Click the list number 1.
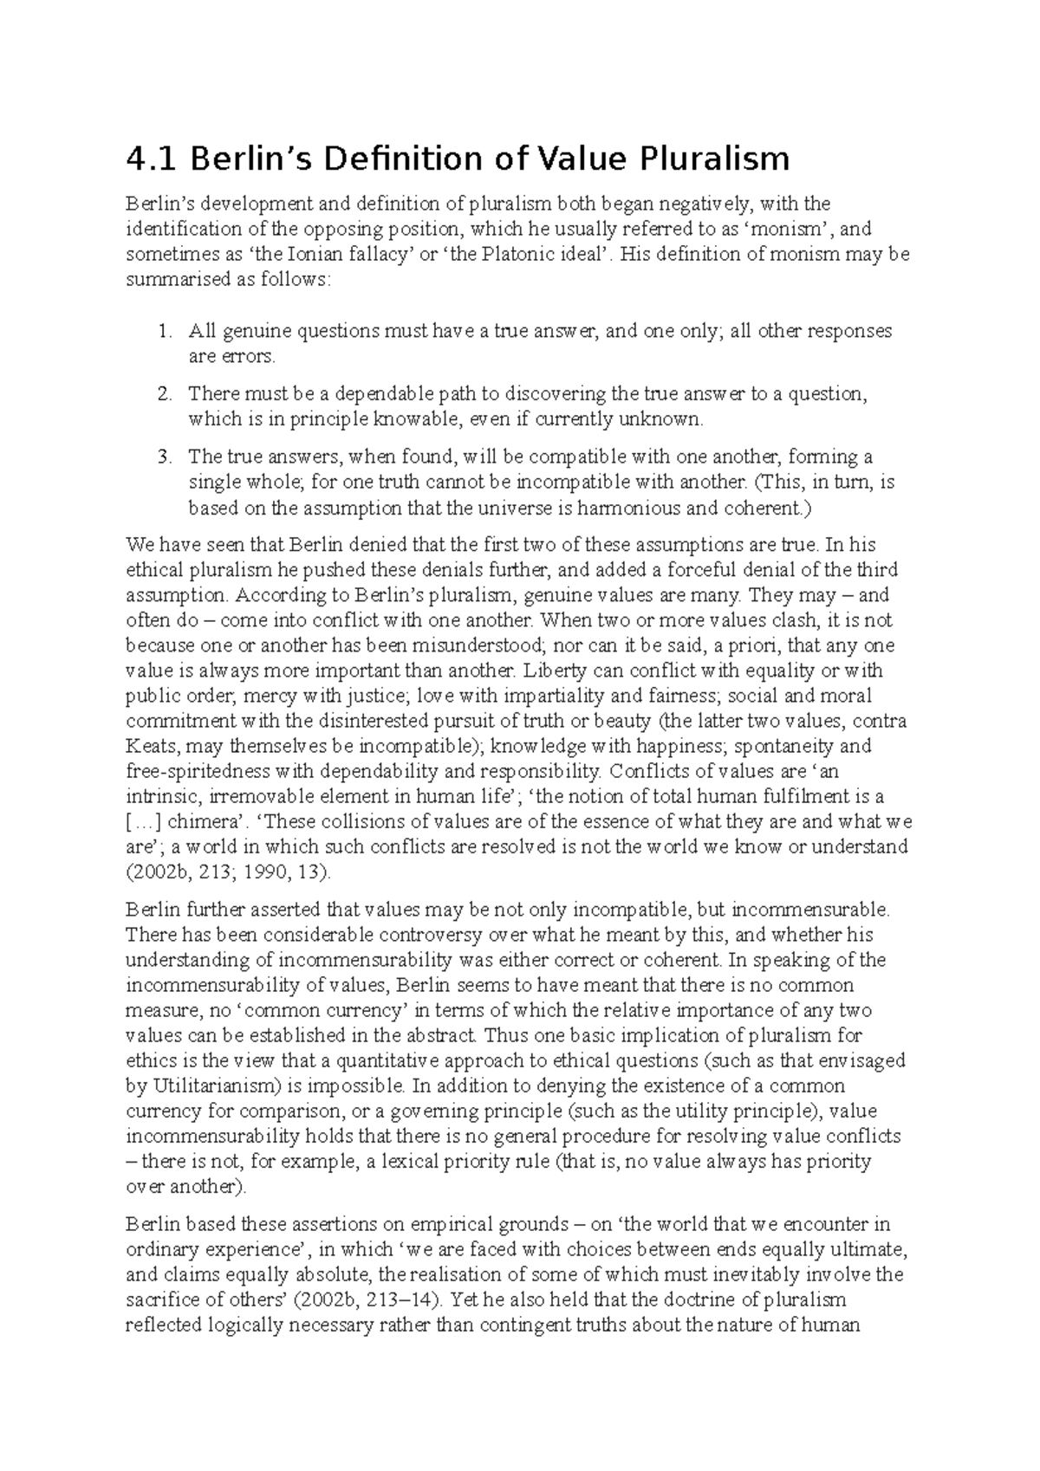pos(165,331)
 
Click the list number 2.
pos(165,394)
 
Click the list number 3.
pos(165,457)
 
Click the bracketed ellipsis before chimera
pos(144,821)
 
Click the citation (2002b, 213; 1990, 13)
pos(228,872)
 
